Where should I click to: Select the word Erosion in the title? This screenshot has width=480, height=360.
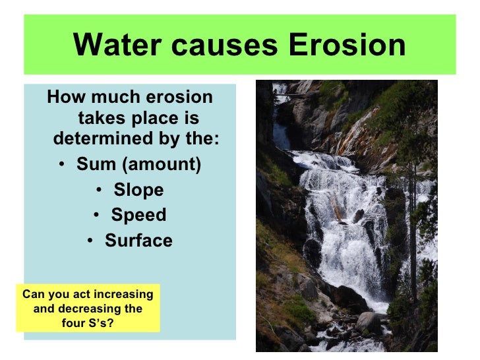click(347, 45)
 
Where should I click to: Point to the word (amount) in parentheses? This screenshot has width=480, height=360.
click(160, 164)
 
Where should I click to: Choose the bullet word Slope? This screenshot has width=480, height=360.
click(138, 190)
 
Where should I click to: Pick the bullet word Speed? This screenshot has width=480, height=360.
click(138, 216)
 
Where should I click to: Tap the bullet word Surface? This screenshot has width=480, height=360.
click(138, 241)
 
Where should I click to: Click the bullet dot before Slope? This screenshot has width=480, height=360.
click(98, 191)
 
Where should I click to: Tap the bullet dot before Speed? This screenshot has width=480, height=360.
click(96, 216)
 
